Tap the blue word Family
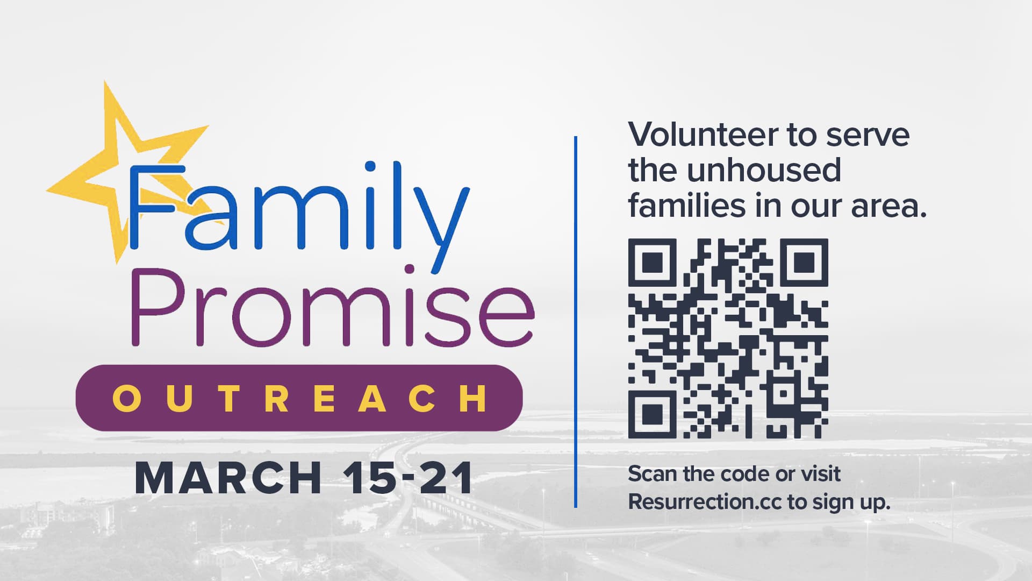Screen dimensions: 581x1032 296,210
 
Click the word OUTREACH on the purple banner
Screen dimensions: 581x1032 299,399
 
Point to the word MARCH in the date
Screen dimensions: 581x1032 228,478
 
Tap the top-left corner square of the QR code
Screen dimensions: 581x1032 652,263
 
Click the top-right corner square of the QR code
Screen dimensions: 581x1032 804,263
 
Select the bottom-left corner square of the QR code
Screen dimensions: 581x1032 652,414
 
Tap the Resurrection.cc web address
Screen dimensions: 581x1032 705,502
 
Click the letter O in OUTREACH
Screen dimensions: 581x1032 126,399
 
